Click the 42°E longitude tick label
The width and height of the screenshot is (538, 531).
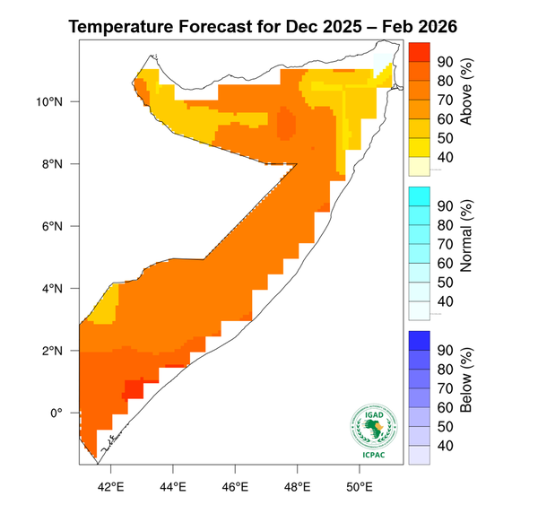(x=110, y=486)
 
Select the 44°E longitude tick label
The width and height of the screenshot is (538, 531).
(x=172, y=486)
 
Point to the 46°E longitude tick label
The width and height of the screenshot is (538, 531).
(x=235, y=486)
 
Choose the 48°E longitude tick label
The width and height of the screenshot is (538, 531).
(x=297, y=486)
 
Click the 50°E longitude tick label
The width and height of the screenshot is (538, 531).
(x=359, y=486)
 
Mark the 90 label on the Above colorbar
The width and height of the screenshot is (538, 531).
(x=445, y=61)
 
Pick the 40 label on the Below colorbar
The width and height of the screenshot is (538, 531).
(x=445, y=446)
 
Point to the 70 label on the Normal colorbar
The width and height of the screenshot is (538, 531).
(x=445, y=244)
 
